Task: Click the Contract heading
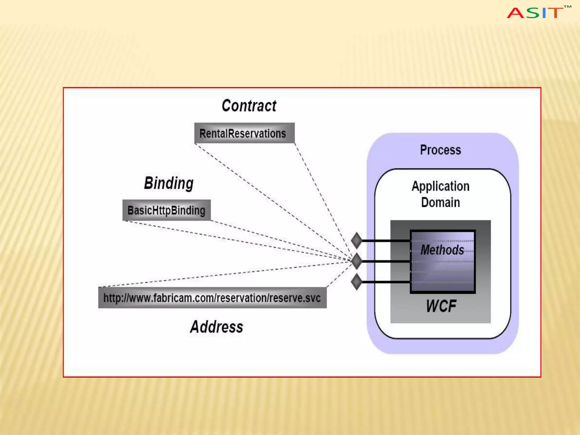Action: pos(249,106)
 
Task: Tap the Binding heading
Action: pos(169,183)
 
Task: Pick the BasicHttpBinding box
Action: pos(167,210)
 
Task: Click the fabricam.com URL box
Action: pos(212,298)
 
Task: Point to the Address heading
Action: pos(217,327)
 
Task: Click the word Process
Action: pos(440,150)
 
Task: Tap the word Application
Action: pos(440,186)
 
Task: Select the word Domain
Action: pos(440,202)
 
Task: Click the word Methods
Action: pos(442,250)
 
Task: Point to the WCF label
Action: pos(441,306)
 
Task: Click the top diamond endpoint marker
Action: pos(357,240)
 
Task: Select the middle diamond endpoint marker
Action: pos(357,261)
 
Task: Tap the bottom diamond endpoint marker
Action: pos(357,282)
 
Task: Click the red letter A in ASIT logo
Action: pos(515,13)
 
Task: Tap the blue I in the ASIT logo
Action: pos(544,13)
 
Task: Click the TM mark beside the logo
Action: pos(567,7)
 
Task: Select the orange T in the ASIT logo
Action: pos(555,13)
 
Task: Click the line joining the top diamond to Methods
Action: pos(386,241)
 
